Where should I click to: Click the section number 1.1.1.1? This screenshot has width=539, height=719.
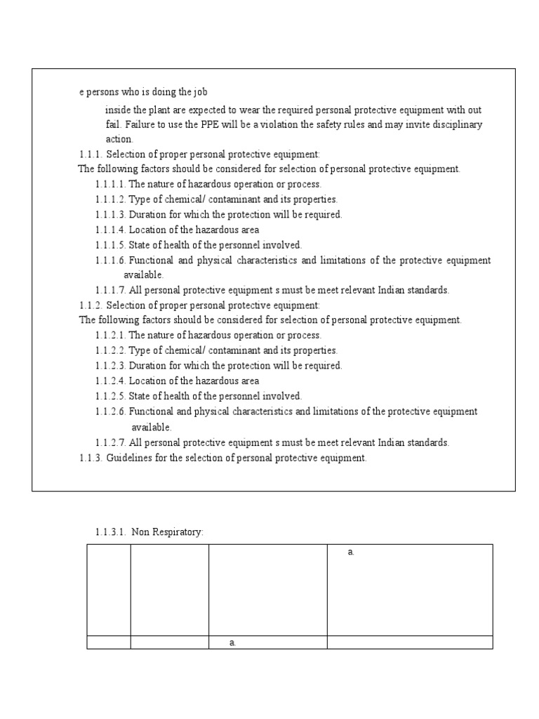click(x=111, y=184)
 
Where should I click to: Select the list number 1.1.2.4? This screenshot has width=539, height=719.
click(x=111, y=381)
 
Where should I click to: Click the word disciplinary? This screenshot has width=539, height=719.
click(x=456, y=125)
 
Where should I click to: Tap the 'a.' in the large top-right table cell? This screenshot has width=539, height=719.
click(x=351, y=553)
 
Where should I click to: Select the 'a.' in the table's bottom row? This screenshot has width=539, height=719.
click(x=232, y=643)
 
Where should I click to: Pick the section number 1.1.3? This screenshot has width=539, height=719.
click(x=91, y=459)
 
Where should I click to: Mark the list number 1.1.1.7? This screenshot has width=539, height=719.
click(x=111, y=290)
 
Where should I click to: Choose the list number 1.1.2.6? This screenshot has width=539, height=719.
click(x=111, y=412)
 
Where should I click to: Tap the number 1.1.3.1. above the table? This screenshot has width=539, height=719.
click(x=110, y=533)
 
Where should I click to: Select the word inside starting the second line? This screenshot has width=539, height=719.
click(x=117, y=110)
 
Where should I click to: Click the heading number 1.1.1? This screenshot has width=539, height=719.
click(x=91, y=154)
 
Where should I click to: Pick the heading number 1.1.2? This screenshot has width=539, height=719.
click(x=91, y=305)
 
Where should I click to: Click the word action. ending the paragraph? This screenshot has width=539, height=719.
click(x=119, y=139)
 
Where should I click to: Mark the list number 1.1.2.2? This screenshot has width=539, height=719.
click(x=111, y=350)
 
